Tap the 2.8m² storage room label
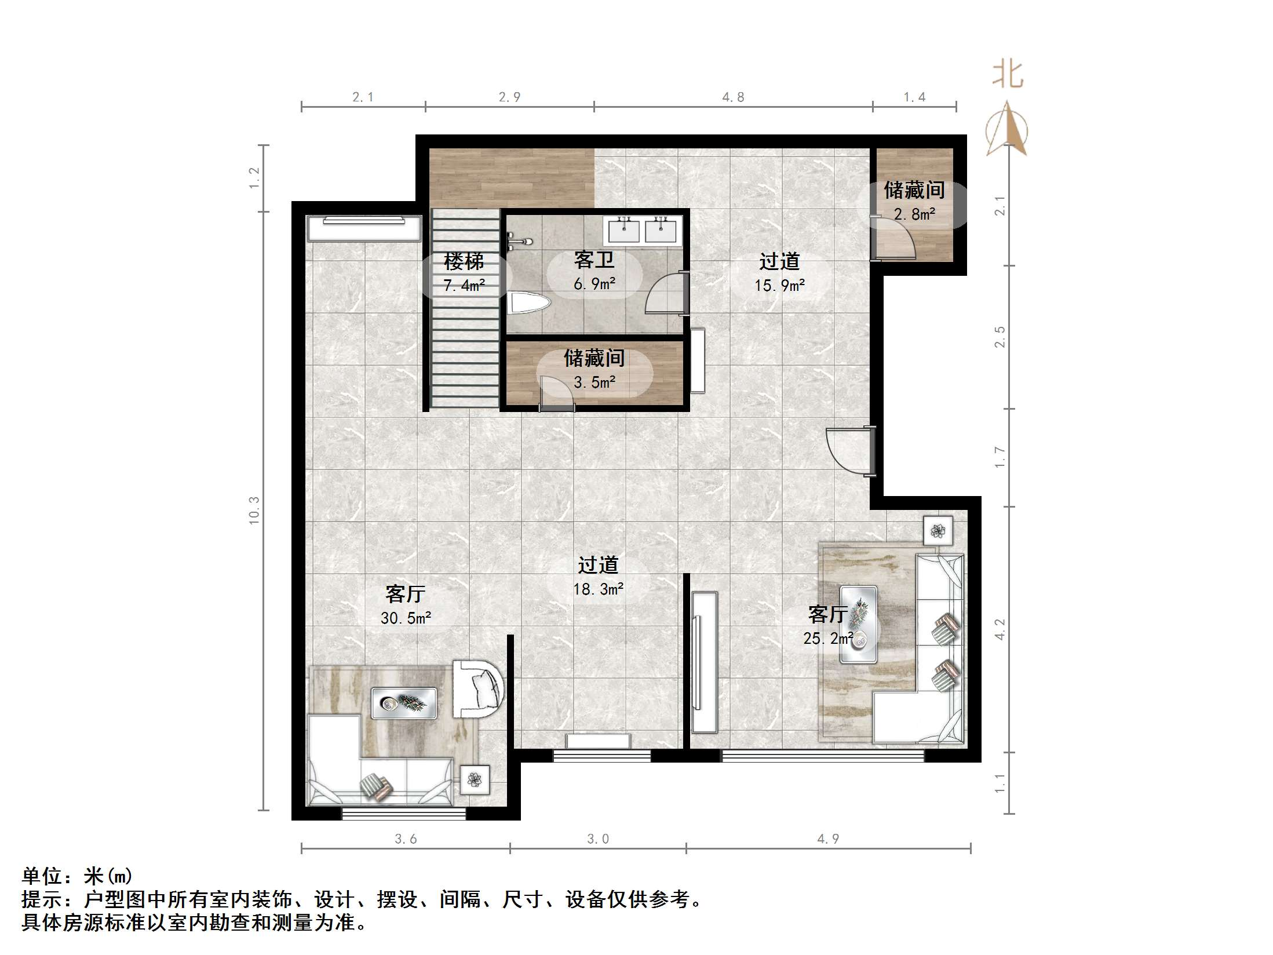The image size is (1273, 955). [914, 202]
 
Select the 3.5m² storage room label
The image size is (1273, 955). [594, 370]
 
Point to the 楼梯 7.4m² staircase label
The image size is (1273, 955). [464, 272]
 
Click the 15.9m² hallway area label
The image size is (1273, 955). [779, 272]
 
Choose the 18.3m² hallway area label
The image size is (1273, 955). [598, 577]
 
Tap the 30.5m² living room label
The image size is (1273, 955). [406, 606]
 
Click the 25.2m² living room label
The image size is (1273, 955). [828, 626]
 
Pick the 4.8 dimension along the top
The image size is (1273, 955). [733, 97]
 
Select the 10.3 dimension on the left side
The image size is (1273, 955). [254, 510]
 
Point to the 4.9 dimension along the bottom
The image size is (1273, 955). [828, 839]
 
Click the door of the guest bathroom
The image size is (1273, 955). [666, 293]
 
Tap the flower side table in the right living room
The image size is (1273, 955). [938, 530]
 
